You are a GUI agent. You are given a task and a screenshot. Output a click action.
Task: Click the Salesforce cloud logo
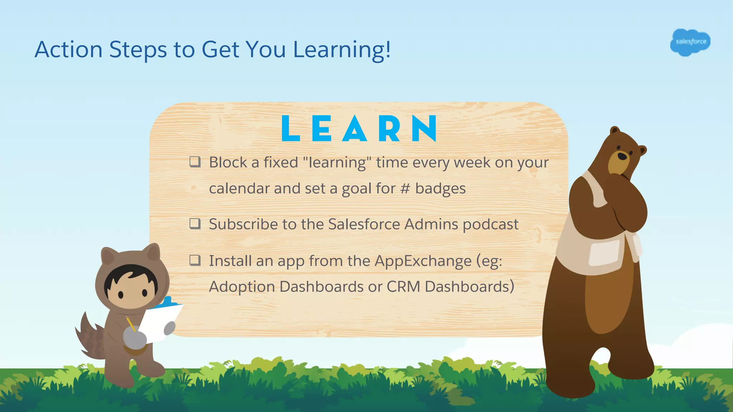click(x=690, y=42)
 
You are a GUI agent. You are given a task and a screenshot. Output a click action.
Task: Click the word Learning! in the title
click(x=342, y=49)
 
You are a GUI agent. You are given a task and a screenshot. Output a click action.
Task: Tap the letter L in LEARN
click(x=290, y=128)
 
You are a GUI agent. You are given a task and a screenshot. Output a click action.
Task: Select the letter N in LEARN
click(x=424, y=128)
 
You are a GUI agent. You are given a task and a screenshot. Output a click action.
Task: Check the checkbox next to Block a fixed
click(x=195, y=162)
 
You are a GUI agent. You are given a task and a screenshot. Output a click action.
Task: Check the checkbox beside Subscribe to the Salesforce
click(x=195, y=224)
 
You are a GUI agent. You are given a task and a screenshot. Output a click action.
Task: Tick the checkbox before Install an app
click(x=195, y=260)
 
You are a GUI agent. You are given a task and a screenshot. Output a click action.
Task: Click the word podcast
click(x=490, y=225)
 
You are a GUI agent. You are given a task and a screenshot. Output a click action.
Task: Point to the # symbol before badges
click(x=405, y=188)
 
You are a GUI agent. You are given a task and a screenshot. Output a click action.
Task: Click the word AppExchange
click(x=423, y=261)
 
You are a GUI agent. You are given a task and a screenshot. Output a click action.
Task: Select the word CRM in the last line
click(x=403, y=286)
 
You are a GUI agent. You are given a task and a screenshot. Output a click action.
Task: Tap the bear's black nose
click(x=622, y=156)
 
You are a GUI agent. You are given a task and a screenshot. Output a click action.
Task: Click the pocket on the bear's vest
click(x=604, y=252)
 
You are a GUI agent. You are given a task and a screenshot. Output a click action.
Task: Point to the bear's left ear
click(x=615, y=131)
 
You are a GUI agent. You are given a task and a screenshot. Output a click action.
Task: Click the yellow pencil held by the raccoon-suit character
click(x=131, y=323)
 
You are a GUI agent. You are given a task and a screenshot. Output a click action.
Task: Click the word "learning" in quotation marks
click(x=337, y=163)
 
